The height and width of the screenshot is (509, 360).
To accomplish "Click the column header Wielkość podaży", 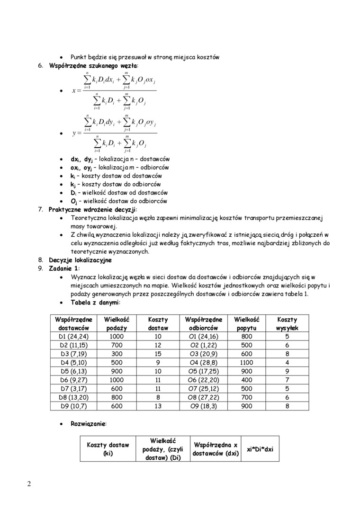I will pyautogui.click(x=116, y=324).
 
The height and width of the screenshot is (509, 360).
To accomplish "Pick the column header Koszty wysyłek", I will pyautogui.click(x=287, y=324).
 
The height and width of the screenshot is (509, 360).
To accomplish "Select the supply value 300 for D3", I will pyautogui.click(x=116, y=354).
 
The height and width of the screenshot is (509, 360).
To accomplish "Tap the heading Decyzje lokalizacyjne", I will pyautogui.click(x=80, y=260).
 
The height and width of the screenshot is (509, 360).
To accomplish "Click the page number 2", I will pyautogui.click(x=29, y=483).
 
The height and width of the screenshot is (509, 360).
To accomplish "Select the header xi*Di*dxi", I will pyautogui.click(x=260, y=449).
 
